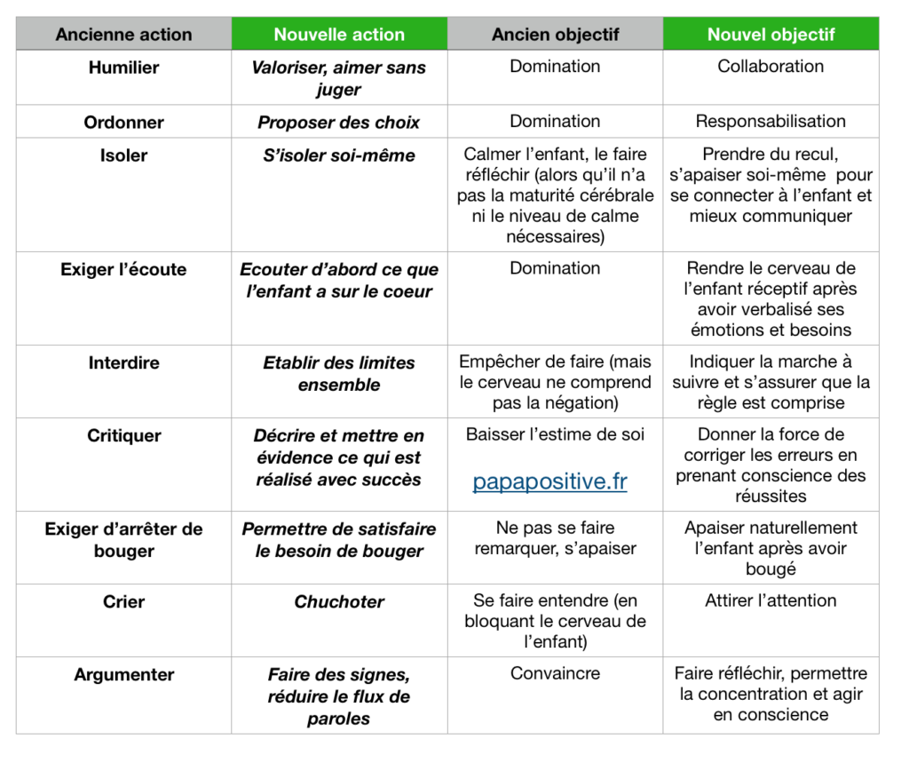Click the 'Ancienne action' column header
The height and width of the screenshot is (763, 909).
(123, 35)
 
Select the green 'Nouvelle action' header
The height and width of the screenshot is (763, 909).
(339, 35)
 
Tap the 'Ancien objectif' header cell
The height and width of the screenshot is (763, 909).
(556, 35)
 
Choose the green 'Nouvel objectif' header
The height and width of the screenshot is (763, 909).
(771, 35)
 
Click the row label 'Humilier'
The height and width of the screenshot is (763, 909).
(123, 68)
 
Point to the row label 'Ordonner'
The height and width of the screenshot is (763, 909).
(123, 123)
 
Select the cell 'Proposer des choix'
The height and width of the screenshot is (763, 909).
(339, 123)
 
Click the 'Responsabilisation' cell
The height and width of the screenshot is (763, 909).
(771, 122)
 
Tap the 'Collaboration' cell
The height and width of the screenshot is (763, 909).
(771, 67)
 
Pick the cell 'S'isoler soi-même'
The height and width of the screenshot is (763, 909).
(339, 155)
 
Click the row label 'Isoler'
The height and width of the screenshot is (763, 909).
(123, 155)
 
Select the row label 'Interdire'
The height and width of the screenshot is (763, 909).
(123, 362)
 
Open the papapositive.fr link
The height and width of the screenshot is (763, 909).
(549, 481)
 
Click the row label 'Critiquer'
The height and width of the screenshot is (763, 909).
(123, 435)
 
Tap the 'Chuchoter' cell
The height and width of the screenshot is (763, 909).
(339, 601)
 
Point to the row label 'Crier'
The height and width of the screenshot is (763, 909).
(123, 601)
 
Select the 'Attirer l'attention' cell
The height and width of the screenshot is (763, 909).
(771, 600)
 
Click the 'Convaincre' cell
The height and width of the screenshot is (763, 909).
(556, 673)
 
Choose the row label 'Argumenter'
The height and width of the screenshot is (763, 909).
(123, 674)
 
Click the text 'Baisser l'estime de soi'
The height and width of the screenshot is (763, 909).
(556, 434)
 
